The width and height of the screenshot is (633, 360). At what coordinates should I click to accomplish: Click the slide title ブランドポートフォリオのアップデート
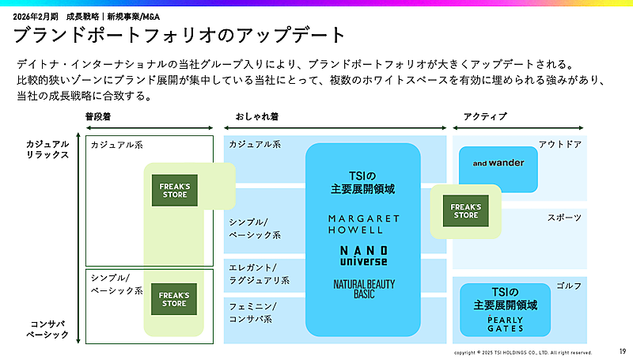pos(180,35)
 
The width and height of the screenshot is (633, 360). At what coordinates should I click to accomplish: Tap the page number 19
pos(622,351)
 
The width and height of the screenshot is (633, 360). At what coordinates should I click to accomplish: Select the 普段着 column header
pos(100,117)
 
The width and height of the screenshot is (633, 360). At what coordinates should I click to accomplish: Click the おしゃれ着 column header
pos(256,117)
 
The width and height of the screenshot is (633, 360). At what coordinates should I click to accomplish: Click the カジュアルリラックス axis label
pos(47,149)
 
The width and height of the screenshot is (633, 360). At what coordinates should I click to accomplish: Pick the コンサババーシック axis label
pos(47,328)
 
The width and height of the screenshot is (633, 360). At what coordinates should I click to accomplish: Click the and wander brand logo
pos(498,164)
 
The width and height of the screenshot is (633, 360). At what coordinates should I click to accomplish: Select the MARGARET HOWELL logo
pos(363,223)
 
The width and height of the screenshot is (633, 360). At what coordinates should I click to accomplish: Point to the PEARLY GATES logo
pos(505,324)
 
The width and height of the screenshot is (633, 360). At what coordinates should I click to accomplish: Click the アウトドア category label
pos(560,144)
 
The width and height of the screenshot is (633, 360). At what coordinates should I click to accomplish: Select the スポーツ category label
pos(564,217)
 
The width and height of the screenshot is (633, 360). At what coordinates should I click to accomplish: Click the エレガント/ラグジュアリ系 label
pos(260,273)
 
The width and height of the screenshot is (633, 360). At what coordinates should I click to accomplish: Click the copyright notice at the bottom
pos(522,352)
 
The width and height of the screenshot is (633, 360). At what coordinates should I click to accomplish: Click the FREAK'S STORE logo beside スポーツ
pos(465,210)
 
